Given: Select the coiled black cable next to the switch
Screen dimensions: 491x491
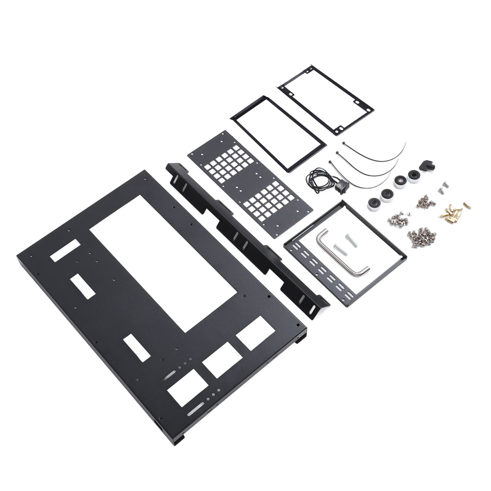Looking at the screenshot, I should pos(316,178).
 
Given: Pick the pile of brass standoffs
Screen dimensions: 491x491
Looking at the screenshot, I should pos(450,211).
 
